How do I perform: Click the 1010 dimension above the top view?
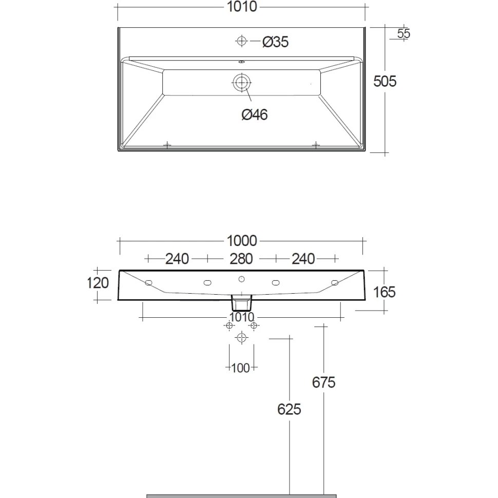242,7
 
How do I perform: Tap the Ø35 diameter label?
275,42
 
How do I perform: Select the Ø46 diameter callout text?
255,114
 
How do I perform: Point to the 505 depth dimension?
385,81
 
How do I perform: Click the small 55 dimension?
404,33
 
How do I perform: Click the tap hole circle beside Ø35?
242,41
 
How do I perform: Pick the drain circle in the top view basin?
242,83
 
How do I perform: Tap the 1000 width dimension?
242,241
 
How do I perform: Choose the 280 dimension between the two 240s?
241,259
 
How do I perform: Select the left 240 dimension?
177,259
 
